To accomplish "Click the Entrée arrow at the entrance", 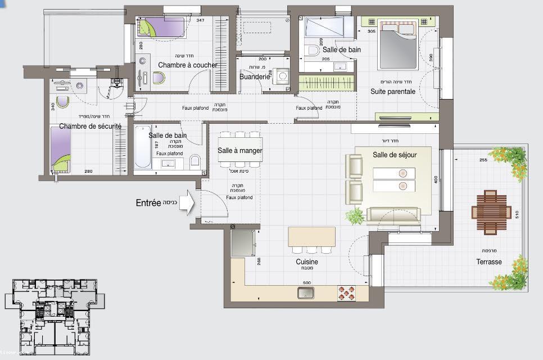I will point(187,203).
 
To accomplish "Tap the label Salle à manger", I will point(240,150).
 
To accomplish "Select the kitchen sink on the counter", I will point(306,292).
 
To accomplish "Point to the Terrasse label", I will point(489,262).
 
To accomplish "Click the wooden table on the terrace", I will point(491,212).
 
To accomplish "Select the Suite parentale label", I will point(392,91).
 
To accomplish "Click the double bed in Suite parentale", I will point(398,45).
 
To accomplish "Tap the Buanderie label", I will point(255,76).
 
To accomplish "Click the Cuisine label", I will point(307,262).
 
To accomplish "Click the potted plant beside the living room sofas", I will point(355,215).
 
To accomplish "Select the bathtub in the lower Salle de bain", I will point(142,146).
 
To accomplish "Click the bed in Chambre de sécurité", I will point(61,149).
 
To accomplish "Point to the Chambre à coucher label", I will point(187,65).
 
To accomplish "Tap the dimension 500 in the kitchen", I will point(307,282).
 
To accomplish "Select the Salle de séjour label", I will point(394,154).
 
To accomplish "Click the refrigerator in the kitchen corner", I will point(243,243).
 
